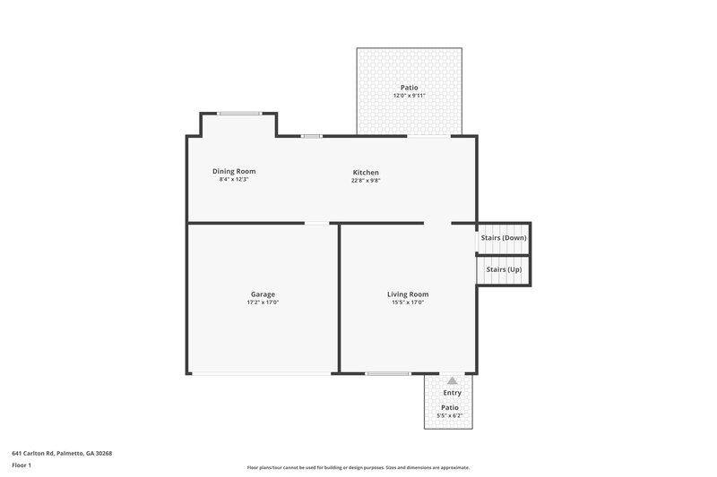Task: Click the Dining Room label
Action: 233,171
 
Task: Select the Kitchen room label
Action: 365,172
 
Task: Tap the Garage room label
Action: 263,294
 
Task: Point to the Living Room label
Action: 407,294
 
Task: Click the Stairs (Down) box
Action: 504,238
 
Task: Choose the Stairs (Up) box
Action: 504,269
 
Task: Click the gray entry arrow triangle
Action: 452,380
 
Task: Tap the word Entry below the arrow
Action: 453,393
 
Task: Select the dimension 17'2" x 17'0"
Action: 263,302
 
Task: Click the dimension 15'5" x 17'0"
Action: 407,302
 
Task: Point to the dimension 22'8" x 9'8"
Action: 365,180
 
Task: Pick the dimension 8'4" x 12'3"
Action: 233,179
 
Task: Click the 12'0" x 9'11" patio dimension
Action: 409,95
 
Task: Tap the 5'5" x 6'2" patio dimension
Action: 450,415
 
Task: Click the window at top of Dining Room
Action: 239,113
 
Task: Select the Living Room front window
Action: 388,373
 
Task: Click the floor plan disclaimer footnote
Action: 358,467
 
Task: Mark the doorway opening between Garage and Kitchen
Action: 317,223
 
